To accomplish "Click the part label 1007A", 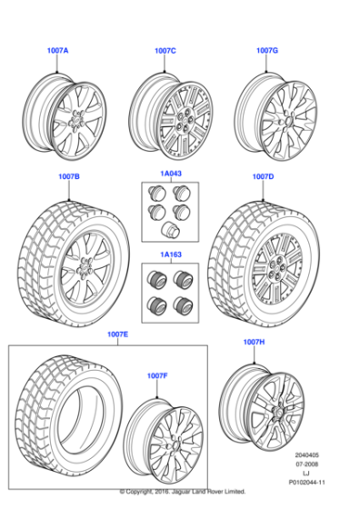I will point(58,51).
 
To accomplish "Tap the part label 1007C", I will point(166,51).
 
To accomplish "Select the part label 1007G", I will point(266,51).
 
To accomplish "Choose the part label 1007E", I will point(117,334).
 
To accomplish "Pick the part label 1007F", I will point(157,375).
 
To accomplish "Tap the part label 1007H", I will point(254,342).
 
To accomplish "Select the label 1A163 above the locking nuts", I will point(171,255).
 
